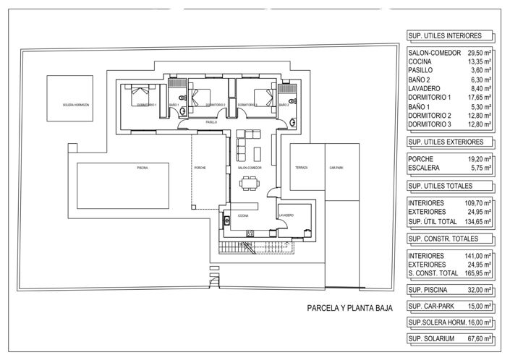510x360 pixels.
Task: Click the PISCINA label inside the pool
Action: [143, 168]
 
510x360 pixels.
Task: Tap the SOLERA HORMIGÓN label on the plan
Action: [75, 105]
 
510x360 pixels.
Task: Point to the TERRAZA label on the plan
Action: [301, 168]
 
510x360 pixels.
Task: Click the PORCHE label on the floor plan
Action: [200, 168]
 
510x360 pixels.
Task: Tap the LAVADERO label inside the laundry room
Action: [285, 215]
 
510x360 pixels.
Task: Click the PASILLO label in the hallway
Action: [211, 122]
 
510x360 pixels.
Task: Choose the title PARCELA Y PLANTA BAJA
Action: [349, 308]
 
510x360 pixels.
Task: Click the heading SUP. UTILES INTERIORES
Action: [445, 35]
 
